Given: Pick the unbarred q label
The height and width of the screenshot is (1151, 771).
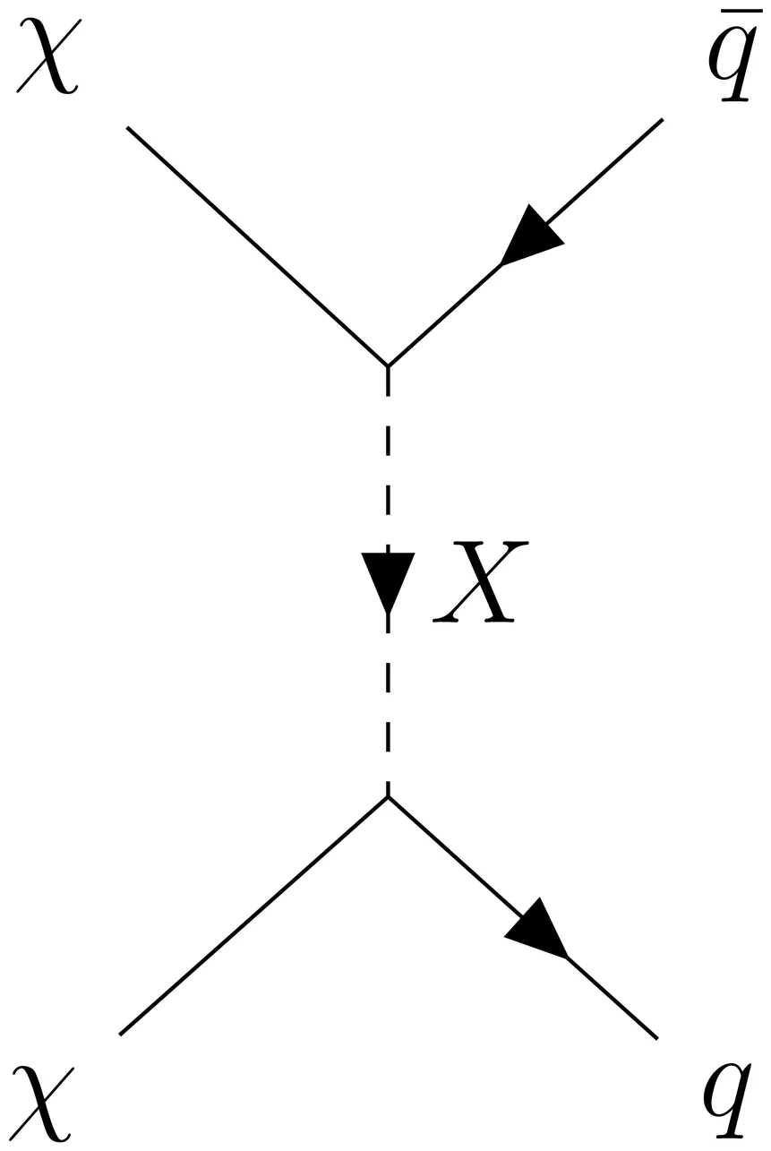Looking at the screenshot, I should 726,1103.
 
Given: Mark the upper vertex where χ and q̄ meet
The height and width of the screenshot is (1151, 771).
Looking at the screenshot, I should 388,366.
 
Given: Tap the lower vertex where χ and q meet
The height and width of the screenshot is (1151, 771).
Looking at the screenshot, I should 388,796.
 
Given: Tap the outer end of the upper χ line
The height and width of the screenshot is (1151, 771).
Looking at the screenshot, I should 128,128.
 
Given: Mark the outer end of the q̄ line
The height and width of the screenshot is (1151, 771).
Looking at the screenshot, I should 662,119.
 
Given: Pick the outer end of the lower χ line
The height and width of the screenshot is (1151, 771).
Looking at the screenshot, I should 120,1034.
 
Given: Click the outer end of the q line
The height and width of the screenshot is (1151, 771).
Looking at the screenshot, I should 657,1038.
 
